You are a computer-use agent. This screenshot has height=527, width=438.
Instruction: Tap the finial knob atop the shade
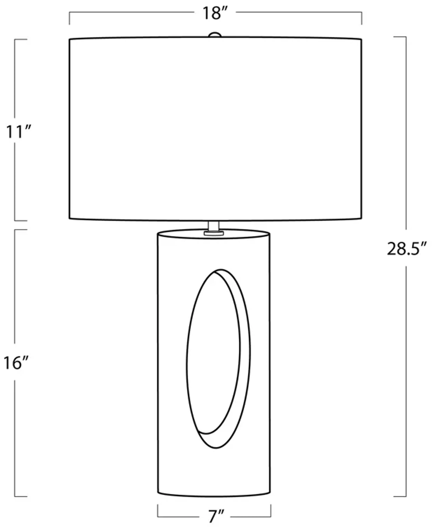pos(215,35)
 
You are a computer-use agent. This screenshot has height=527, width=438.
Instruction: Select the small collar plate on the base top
pos(214,233)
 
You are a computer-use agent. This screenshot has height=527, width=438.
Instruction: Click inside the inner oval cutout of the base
pos(213,351)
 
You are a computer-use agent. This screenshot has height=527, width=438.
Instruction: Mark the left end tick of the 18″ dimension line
pos(70,18)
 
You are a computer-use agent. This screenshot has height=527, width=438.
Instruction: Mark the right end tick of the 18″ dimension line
pos(361,18)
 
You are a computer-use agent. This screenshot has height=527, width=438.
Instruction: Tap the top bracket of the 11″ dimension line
pos(21,39)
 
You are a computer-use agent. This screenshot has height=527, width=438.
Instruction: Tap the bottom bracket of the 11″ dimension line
pos(21,221)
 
